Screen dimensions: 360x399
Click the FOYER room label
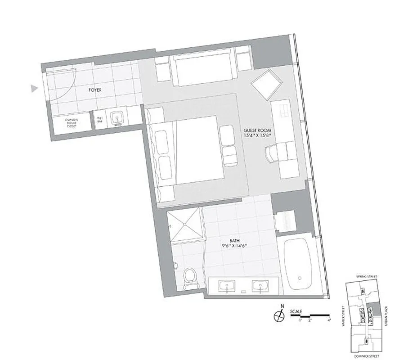pos(95,90)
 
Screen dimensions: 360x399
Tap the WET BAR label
pos(99,121)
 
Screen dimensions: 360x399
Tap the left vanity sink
pos(226,286)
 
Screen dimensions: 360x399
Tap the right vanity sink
pos(259,286)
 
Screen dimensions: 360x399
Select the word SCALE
pos(296,311)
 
